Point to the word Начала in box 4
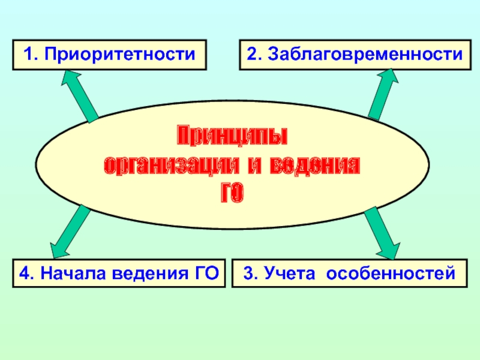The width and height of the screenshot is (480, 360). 65,275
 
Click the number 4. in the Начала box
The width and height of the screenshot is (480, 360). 26,275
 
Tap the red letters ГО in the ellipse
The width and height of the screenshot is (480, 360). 232,193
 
